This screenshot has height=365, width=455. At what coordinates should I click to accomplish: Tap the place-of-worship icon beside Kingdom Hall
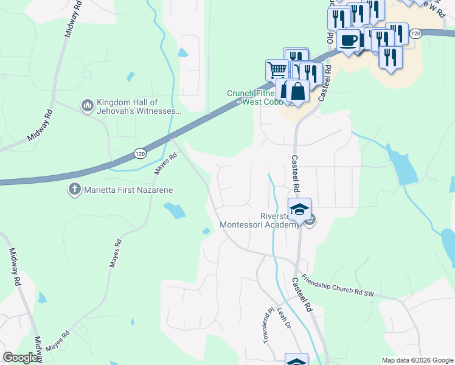click(86, 106)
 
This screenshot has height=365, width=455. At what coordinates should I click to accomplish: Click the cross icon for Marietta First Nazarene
click(75, 189)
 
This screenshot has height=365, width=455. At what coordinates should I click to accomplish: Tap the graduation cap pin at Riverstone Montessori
click(299, 210)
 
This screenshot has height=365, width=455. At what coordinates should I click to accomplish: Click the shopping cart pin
click(277, 69)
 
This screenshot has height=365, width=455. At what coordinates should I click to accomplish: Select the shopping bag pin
click(298, 91)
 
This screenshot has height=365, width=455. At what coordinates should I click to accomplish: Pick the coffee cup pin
click(348, 41)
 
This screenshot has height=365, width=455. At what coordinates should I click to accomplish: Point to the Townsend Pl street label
click(266, 325)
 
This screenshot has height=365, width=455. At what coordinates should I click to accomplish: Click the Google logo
click(21, 358)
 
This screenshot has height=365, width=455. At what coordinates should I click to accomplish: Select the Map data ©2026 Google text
click(417, 360)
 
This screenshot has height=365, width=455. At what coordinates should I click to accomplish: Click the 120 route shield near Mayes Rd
click(139, 155)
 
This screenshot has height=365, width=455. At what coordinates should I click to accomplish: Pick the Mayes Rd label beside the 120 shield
click(164, 164)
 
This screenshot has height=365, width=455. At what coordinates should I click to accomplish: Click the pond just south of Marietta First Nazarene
click(175, 211)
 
